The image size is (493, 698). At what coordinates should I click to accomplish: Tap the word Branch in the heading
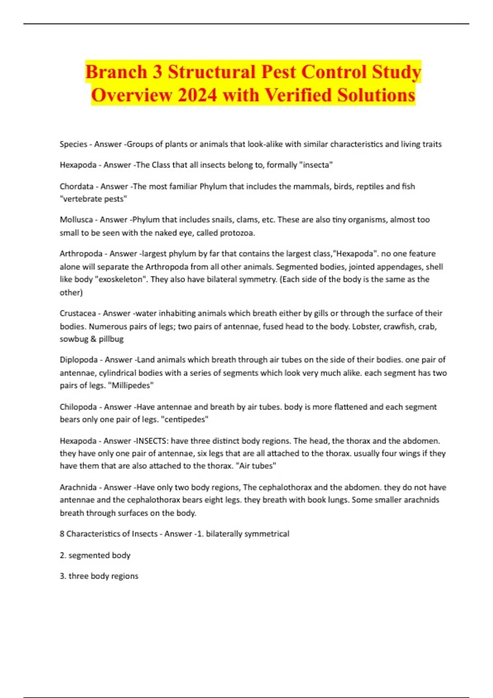[116, 72]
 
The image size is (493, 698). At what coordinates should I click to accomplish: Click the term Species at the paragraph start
[74, 144]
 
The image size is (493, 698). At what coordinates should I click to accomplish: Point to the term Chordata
[77, 186]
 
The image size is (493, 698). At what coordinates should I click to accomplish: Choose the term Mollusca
[76, 220]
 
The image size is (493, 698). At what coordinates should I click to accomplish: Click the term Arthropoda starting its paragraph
[81, 254]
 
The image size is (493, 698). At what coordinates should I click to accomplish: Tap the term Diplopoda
[79, 360]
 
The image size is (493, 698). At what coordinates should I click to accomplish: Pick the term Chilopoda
[78, 407]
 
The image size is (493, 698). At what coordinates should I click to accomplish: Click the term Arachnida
[78, 487]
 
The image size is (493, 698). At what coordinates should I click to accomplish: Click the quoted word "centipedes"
[187, 420]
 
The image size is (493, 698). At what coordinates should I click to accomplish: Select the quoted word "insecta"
[316, 165]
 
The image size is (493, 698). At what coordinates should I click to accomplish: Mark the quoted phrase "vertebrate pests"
[94, 199]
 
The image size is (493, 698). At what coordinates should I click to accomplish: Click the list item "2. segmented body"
[95, 556]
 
